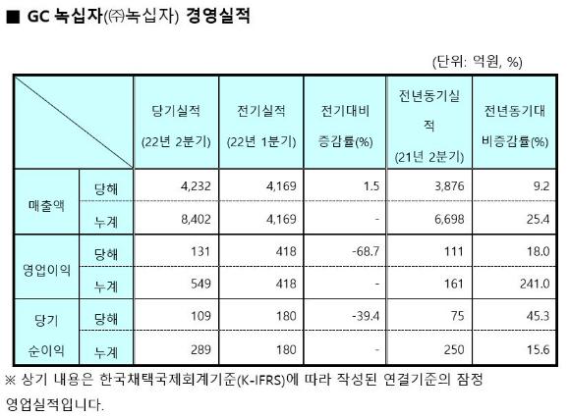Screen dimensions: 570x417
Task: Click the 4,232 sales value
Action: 196,186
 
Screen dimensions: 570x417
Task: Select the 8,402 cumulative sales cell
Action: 196,219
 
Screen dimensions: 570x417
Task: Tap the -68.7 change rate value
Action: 366,251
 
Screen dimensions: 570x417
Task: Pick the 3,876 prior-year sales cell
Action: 449,186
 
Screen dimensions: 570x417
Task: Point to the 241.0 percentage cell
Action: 535,284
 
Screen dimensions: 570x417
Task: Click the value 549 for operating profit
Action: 200,284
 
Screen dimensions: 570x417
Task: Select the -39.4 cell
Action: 366,316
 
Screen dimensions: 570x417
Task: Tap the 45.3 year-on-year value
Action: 538,316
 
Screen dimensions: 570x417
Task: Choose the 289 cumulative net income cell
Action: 200,350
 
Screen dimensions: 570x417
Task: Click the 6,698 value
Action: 449,219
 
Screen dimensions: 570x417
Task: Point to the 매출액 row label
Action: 46,206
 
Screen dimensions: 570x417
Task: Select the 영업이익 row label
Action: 46,271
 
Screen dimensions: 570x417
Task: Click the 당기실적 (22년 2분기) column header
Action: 176,126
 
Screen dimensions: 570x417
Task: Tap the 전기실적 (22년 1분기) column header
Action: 261,126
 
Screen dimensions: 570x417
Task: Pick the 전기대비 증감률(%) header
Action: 345,126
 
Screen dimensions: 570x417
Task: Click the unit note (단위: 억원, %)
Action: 478,62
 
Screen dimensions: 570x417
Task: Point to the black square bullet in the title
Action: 13,17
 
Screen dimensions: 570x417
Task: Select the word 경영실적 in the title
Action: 218,17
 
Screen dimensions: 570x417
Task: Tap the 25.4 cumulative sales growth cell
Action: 538,219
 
